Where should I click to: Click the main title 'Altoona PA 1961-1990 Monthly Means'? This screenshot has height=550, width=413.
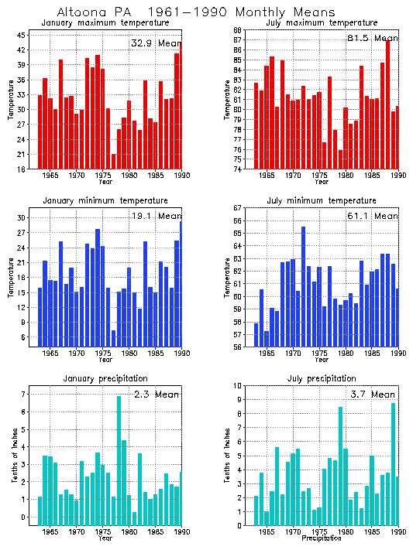pos(196,12)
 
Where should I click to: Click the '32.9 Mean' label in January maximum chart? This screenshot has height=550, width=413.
pos(155,43)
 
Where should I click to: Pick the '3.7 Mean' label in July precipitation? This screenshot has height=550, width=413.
pos(372,395)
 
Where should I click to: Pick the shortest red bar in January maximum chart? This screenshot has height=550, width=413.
pos(114,161)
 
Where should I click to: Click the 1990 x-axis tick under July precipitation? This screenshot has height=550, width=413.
pos(398,531)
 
